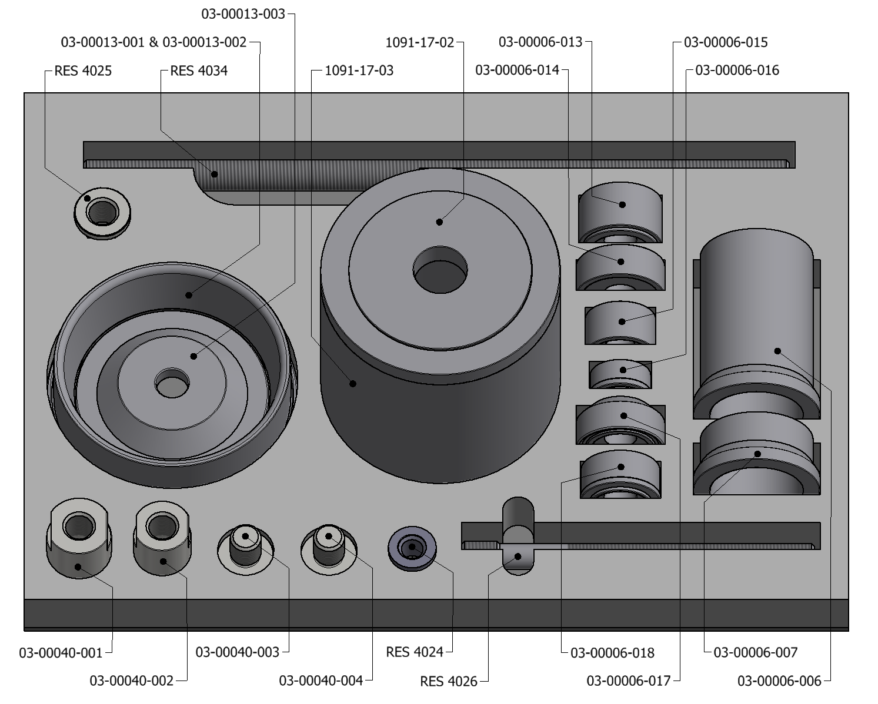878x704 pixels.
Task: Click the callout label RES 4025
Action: (x=83, y=71)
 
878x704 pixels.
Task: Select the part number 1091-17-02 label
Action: (x=420, y=42)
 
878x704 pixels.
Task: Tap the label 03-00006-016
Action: (x=737, y=71)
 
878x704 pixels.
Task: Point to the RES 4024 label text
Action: (x=415, y=652)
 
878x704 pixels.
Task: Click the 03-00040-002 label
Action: (x=132, y=680)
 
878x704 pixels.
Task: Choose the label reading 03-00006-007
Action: (x=755, y=652)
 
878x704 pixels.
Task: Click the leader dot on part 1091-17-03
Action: (x=353, y=384)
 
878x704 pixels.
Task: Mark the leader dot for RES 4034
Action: (x=215, y=174)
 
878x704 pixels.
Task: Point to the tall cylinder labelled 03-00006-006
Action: (x=756, y=329)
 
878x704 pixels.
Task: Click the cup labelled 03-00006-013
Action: (x=620, y=212)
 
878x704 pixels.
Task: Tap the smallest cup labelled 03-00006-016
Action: (x=620, y=374)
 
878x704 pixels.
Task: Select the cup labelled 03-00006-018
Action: (x=620, y=474)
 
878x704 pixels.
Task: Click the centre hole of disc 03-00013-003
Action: (x=172, y=385)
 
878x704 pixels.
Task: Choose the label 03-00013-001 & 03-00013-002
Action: (x=153, y=42)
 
